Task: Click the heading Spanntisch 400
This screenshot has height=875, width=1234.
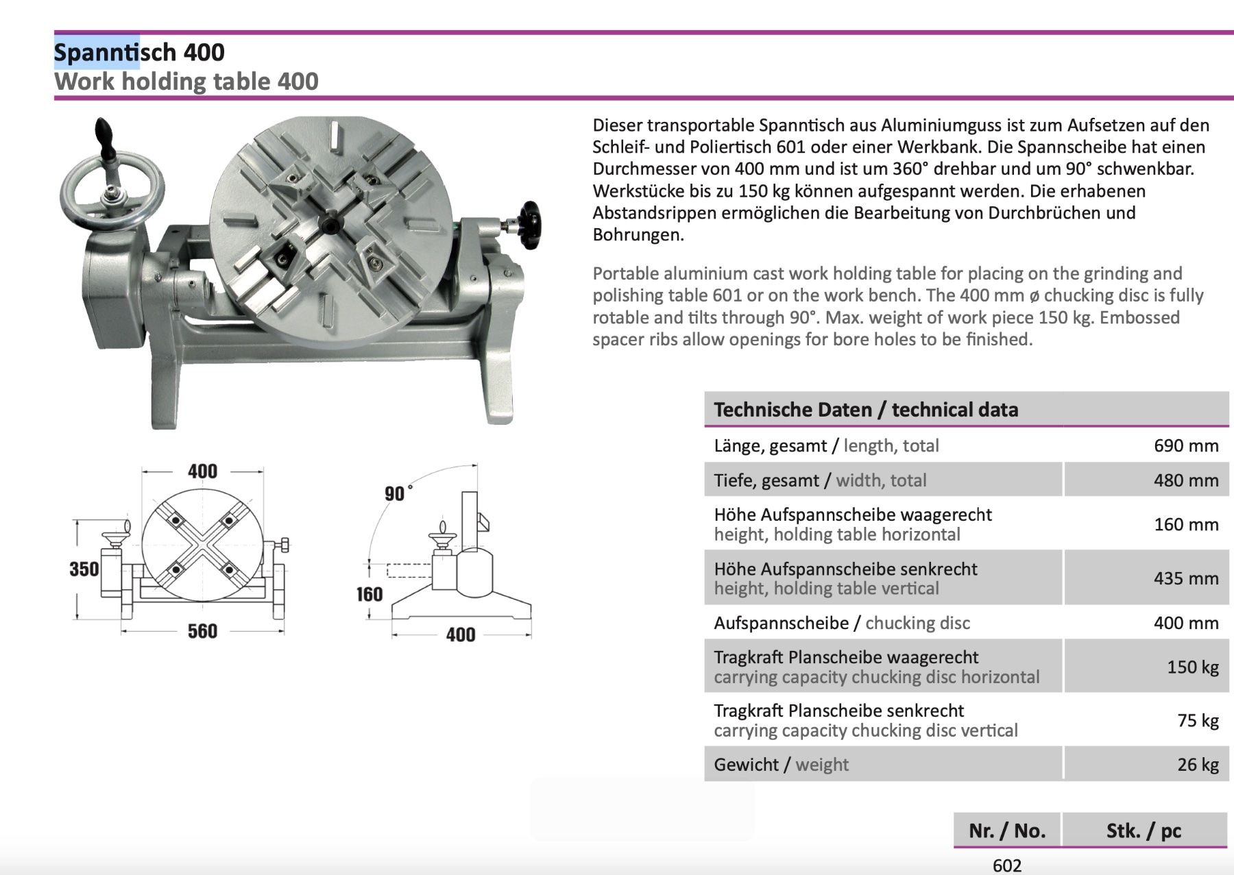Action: click(139, 52)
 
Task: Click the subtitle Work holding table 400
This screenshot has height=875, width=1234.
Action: click(186, 81)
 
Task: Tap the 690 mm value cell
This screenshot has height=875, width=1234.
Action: click(1186, 445)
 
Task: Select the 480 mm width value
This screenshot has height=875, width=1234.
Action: click(1186, 480)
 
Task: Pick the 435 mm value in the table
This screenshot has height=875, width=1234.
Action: click(1186, 578)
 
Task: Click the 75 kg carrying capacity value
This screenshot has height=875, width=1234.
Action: click(1198, 720)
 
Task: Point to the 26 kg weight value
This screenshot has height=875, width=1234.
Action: click(1198, 764)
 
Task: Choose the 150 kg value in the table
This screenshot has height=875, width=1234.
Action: click(1193, 667)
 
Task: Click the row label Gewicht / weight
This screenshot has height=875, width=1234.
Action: click(781, 764)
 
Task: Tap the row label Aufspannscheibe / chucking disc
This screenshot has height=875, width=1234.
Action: click(842, 623)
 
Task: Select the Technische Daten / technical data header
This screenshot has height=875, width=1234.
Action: click(866, 410)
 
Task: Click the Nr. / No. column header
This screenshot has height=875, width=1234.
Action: click(1007, 830)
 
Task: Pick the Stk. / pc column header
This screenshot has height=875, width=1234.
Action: click(1144, 830)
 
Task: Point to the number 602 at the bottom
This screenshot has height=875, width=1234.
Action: click(1007, 865)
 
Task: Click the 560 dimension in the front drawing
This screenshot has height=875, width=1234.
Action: click(202, 631)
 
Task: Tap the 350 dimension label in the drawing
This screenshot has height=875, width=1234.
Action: click(84, 569)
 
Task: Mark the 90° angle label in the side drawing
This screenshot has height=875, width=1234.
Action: click(398, 493)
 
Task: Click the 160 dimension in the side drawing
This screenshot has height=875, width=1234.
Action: click(370, 594)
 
